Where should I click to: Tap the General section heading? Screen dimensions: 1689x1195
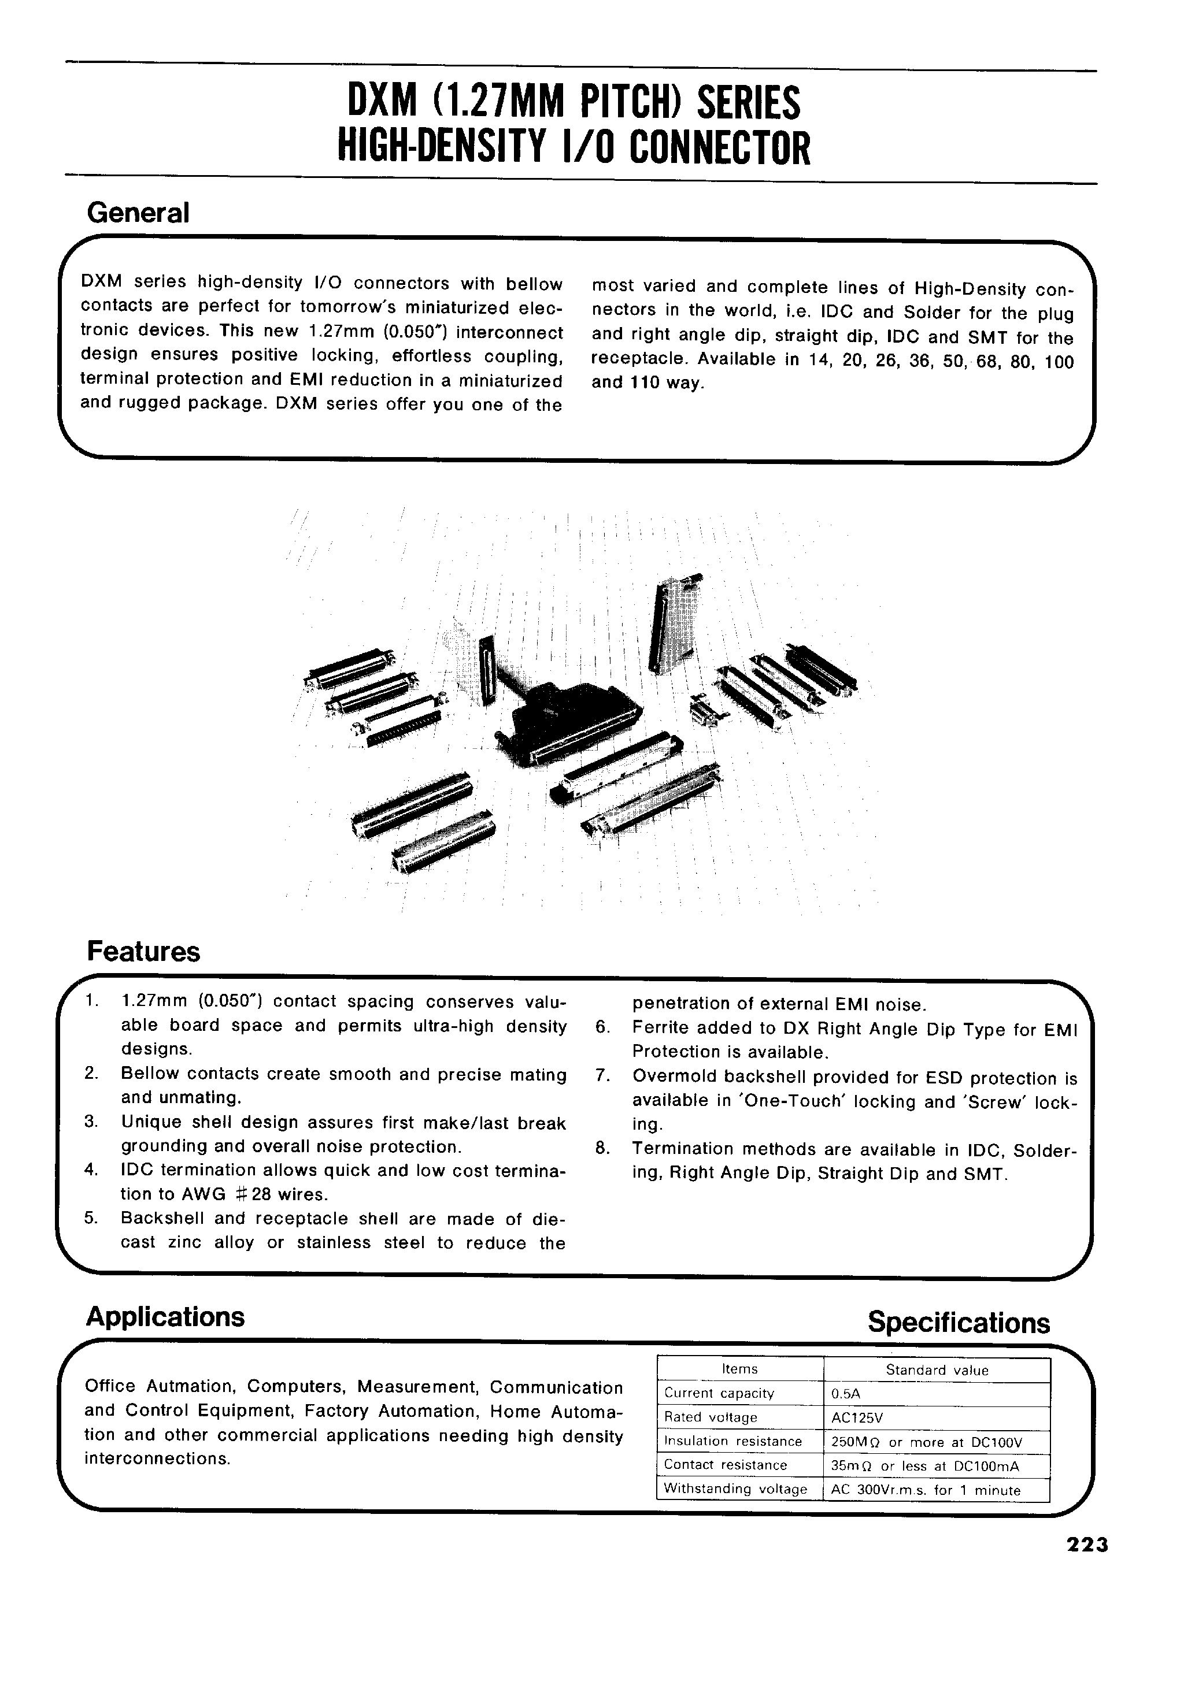pyautogui.click(x=138, y=213)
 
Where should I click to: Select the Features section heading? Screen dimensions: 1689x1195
pyautogui.click(x=143, y=951)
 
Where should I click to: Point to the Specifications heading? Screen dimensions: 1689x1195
pyautogui.click(x=958, y=1322)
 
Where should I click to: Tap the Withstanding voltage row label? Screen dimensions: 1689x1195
pyautogui.click(x=735, y=1490)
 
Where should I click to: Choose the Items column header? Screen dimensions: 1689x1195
pyautogui.click(x=739, y=1369)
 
